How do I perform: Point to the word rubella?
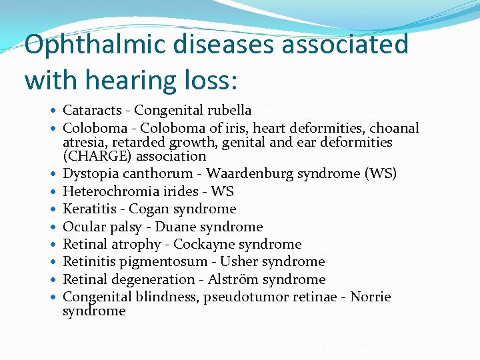229,110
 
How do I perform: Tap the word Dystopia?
90,174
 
